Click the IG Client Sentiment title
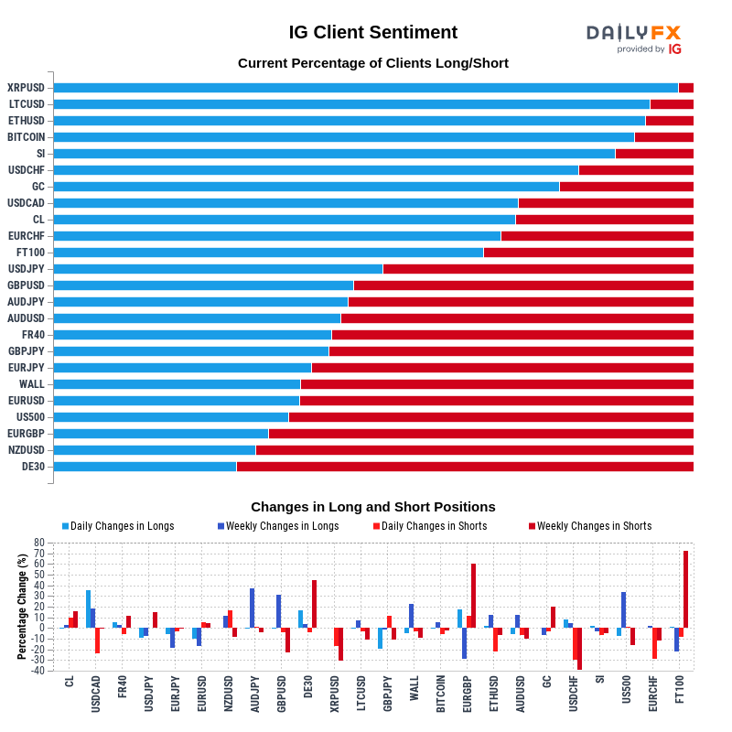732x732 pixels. tap(372, 33)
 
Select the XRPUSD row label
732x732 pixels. tap(26, 88)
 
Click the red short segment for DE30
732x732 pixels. tap(465, 467)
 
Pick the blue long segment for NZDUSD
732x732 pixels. tap(155, 450)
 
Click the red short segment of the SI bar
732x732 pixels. tap(654, 154)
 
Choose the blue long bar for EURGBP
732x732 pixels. tap(161, 434)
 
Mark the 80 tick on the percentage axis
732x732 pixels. tap(39, 543)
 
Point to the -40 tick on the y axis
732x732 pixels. tap(38, 671)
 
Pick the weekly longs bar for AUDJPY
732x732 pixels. tap(252, 608)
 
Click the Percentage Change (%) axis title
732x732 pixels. tap(22, 606)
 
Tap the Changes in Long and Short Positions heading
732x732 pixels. tap(372, 507)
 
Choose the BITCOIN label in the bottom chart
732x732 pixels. tap(440, 694)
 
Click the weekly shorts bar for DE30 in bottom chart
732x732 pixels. tap(314, 604)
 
